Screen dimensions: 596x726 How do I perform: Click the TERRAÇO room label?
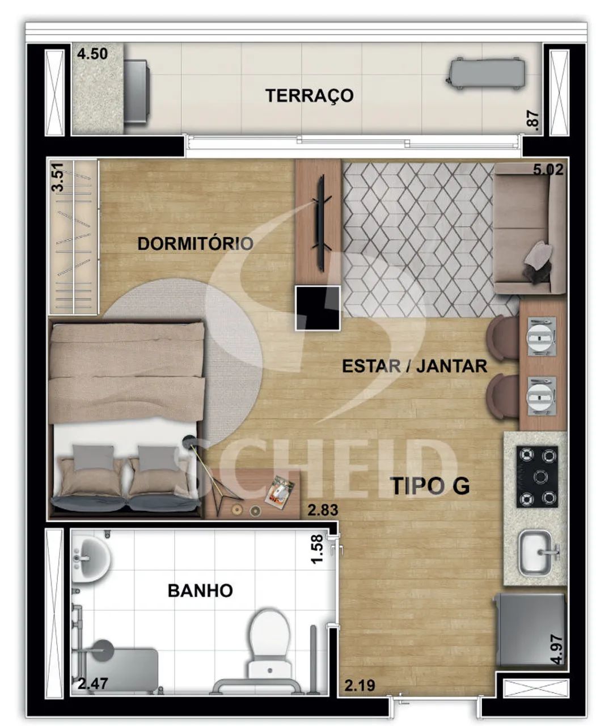pyautogui.click(x=310, y=96)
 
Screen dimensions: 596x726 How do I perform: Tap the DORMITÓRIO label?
pyautogui.click(x=196, y=244)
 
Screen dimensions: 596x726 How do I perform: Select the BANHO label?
pyautogui.click(x=200, y=590)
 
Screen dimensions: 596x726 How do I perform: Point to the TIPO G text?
pyautogui.click(x=431, y=486)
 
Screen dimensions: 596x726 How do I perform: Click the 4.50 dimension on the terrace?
pyautogui.click(x=92, y=54)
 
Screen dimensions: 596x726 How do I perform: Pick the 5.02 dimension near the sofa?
pyautogui.click(x=548, y=170)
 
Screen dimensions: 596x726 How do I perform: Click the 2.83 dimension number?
pyautogui.click(x=323, y=510)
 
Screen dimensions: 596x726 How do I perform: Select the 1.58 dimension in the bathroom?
pyautogui.click(x=317, y=548)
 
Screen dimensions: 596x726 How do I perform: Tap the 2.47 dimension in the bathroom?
pyautogui.click(x=93, y=684)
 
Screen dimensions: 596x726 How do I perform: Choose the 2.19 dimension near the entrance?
pyautogui.click(x=360, y=685)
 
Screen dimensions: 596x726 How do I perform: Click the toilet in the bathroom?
pyautogui.click(x=269, y=646)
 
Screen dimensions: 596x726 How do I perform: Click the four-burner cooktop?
pyautogui.click(x=537, y=477)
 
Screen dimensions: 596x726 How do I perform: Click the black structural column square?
pyautogui.click(x=318, y=307)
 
